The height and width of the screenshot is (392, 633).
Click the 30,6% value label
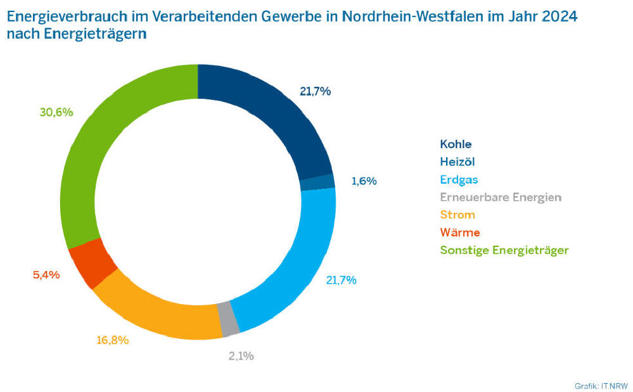pyautogui.click(x=56, y=112)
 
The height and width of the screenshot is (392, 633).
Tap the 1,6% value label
pyautogui.click(x=364, y=181)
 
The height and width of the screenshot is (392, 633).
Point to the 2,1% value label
pyautogui.click(x=241, y=356)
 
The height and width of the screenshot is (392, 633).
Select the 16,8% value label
pyautogui.click(x=112, y=340)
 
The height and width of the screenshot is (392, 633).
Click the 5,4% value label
pyautogui.click(x=46, y=275)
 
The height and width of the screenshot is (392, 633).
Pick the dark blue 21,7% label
pyautogui.click(x=315, y=91)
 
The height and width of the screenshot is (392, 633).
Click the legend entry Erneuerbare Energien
pyautogui.click(x=501, y=197)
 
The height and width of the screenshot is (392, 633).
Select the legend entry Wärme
pyautogui.click(x=459, y=232)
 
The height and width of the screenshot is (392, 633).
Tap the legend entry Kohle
pyautogui.click(x=456, y=144)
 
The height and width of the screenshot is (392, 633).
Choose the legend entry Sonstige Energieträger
pyautogui.click(x=504, y=250)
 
